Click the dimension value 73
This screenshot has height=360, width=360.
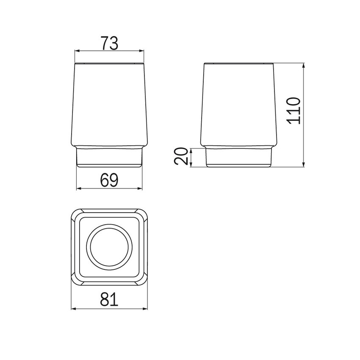110,43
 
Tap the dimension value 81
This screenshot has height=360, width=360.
109,299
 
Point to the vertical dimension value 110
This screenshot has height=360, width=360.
294,111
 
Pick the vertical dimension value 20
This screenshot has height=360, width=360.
181,156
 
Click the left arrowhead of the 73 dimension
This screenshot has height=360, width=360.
78,51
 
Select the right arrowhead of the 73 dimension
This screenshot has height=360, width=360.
141,51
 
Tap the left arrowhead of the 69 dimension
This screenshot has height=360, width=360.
79,188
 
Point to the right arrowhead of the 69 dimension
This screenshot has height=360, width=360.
139,188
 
